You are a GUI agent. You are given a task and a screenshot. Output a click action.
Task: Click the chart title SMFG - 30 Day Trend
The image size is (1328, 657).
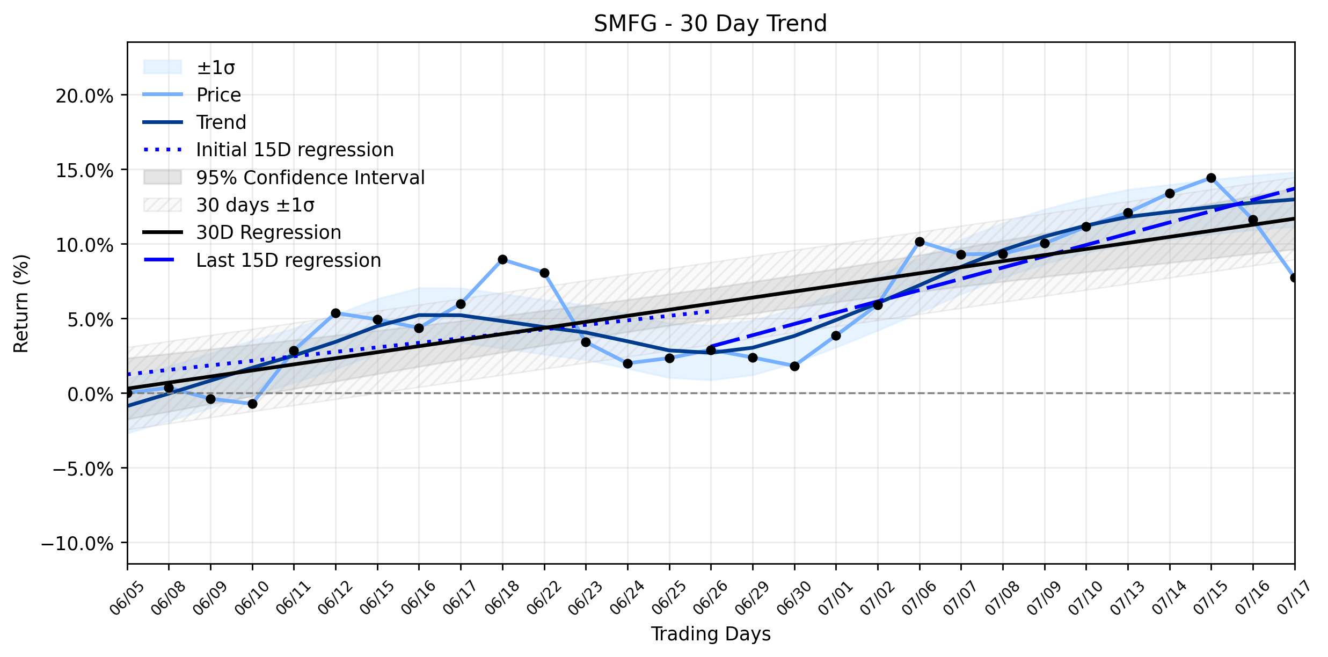710,24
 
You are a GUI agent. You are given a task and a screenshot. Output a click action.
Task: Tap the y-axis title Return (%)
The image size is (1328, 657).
21,304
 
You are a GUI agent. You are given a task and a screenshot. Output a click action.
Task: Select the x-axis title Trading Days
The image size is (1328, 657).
711,634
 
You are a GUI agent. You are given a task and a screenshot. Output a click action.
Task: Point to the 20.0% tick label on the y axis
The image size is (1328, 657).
84,97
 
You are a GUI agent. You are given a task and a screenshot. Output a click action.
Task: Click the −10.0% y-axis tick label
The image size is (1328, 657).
77,544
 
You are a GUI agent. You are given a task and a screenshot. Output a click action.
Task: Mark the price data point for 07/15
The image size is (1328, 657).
1211,178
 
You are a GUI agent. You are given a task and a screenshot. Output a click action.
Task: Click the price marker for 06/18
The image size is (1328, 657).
502,259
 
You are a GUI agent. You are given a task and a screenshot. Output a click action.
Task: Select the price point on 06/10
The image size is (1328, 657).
252,404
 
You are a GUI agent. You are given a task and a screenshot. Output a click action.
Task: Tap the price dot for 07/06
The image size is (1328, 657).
920,242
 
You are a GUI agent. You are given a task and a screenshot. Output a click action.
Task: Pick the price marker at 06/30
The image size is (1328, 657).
794,366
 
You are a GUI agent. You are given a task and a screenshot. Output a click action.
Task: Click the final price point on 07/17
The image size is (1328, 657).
1294,278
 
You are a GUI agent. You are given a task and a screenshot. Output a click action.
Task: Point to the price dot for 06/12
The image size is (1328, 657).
335,313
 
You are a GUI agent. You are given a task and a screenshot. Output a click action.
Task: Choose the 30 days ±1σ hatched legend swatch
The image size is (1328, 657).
163,205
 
